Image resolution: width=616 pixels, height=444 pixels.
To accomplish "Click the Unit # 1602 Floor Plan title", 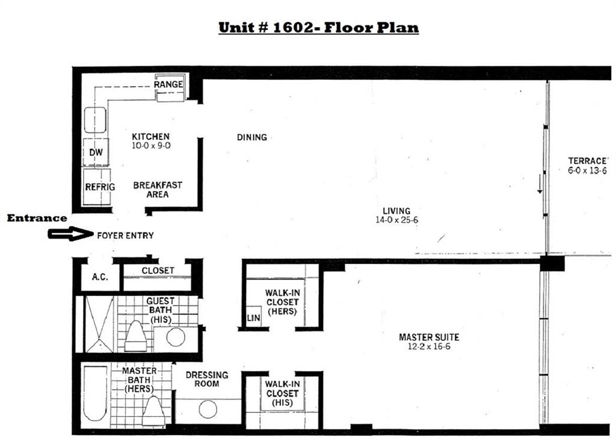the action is pos(319,28).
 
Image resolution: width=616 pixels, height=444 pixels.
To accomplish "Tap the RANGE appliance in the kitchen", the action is pos(170,87).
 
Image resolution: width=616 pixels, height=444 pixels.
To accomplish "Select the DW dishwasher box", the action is pos(96,152).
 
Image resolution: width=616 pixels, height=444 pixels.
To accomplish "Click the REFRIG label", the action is pos(100,187).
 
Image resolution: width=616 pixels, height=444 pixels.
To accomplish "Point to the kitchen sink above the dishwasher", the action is pos(95,120).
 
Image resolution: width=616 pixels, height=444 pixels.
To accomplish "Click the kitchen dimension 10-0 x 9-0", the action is pos(151,146).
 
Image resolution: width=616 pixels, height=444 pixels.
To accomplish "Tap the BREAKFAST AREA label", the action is pos(158,190).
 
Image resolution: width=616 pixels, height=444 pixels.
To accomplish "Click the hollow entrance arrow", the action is pos(70,234).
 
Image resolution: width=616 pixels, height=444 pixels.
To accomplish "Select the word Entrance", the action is pos(37,218).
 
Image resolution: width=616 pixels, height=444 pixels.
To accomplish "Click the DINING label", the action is pos(252,137).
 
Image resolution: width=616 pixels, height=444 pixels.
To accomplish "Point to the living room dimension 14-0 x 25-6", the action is pos(397,220).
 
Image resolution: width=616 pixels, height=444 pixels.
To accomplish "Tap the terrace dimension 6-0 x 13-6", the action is pos(587,170).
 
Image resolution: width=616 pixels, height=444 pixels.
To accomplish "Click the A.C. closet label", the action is pos(100,277).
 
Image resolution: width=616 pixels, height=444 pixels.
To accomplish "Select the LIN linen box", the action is pos(253,317).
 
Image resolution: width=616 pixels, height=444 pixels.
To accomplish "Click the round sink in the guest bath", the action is pos(176,337).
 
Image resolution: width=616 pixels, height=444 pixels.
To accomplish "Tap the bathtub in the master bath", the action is pos(95,393).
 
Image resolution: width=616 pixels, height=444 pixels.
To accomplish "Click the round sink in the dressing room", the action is pos(208,410).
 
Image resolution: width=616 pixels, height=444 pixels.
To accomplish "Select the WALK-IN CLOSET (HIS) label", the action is pos(282,393).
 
